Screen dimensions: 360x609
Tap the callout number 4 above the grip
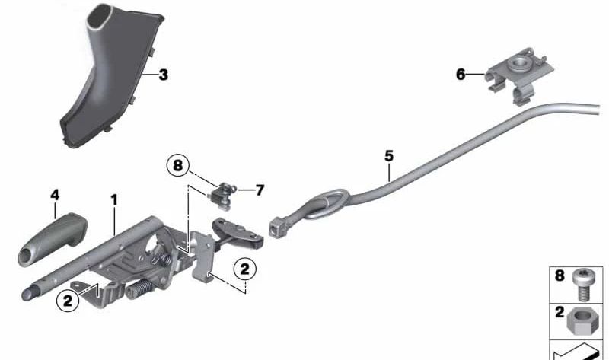pos(54,195)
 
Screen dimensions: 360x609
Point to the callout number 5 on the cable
pos(389,156)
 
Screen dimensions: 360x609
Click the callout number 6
pos(460,74)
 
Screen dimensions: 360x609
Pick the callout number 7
pos(260,190)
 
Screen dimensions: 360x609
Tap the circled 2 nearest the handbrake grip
pos(67,301)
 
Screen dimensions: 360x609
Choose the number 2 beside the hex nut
pos(560,313)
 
